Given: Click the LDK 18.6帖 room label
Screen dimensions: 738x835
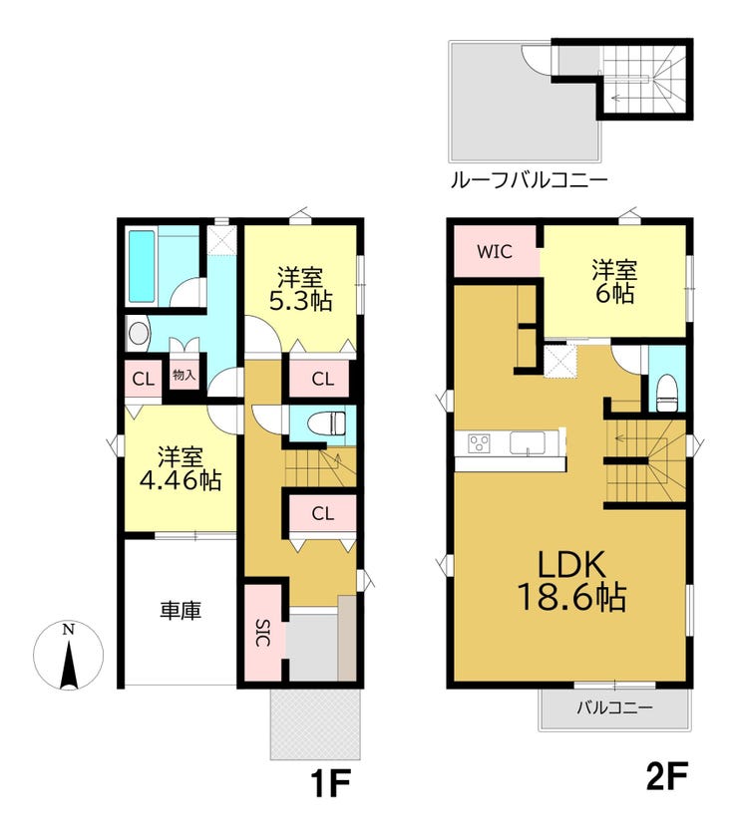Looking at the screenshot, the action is [571, 581].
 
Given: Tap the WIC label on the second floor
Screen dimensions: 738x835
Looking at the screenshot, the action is [495, 251].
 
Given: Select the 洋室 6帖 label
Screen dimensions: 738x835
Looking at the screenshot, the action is [614, 281].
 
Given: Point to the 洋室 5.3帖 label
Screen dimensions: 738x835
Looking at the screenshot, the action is [300, 289].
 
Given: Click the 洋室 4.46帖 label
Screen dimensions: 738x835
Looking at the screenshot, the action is [181, 468].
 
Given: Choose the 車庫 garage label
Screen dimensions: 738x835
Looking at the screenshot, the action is [181, 610].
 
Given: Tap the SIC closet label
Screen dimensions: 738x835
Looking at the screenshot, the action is [262, 633].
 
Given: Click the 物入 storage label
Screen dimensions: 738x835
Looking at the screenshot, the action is [184, 375].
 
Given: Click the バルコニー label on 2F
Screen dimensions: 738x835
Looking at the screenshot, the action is [614, 707].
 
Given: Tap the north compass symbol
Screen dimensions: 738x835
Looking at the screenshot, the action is [68, 656].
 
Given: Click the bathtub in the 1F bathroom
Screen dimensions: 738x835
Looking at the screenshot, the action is [142, 267].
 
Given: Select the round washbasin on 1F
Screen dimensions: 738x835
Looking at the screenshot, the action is [138, 334].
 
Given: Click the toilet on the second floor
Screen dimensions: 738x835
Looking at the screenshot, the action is [667, 393].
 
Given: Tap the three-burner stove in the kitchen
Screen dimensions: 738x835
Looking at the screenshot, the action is [479, 443].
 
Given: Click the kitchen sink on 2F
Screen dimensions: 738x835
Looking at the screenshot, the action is [528, 442].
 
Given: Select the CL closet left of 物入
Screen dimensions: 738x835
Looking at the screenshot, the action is [144, 380].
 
